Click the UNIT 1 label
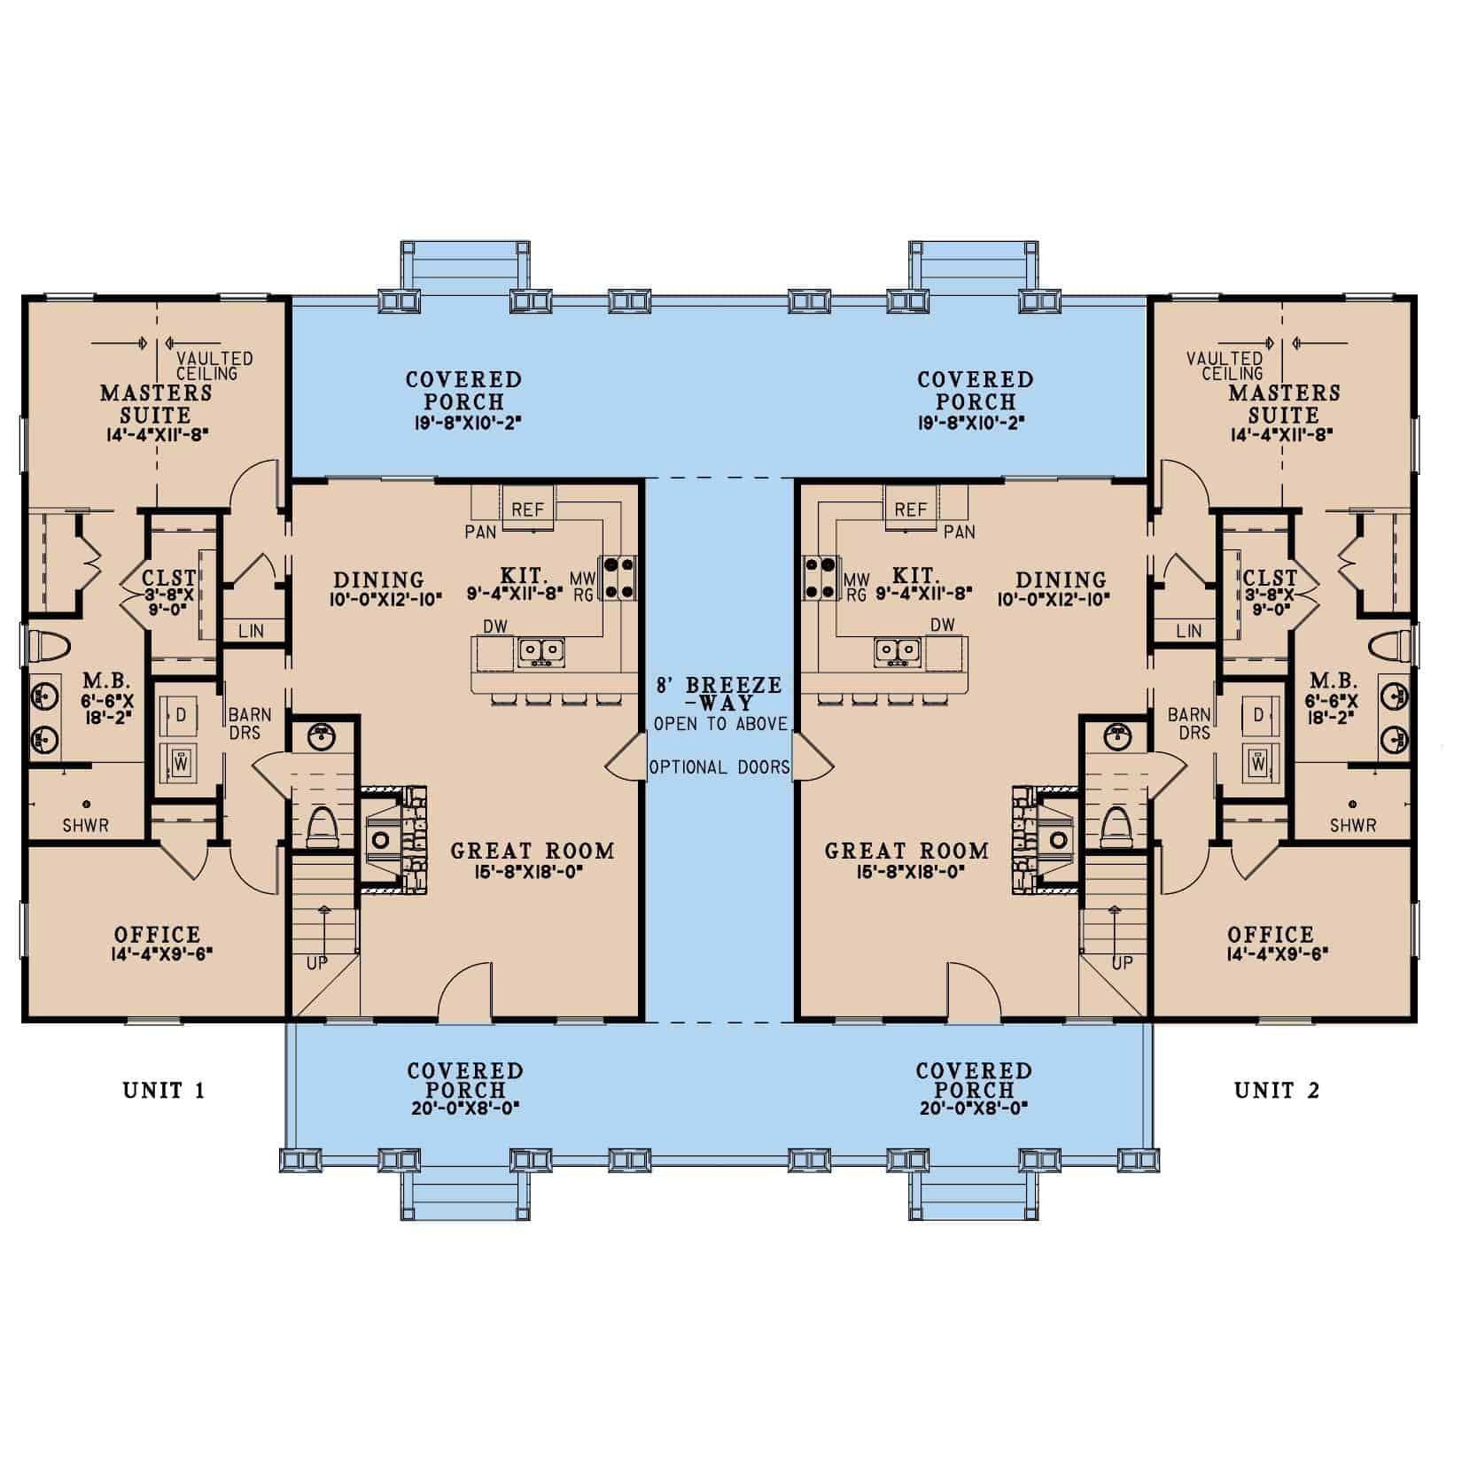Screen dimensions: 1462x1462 pos(164,1090)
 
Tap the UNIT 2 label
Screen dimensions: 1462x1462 pos(1277,1090)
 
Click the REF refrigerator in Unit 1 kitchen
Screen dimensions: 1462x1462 pos(528,509)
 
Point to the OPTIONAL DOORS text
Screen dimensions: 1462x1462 pos(719,767)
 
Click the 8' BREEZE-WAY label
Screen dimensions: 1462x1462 pos(719,694)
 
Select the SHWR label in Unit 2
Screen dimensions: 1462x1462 pos(1353,825)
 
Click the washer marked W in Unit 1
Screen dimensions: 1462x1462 pos(182,761)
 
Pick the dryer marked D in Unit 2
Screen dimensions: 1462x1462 pos(1258,715)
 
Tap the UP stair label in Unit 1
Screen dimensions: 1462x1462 pos(316,963)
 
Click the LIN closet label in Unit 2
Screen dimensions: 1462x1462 pos(1189,631)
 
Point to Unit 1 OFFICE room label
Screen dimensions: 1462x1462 pos(157,935)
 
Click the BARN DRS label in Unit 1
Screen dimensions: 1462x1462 pos(249,724)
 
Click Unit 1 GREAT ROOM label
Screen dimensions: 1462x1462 pos(532,852)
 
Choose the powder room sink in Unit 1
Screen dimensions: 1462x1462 pos(320,735)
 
